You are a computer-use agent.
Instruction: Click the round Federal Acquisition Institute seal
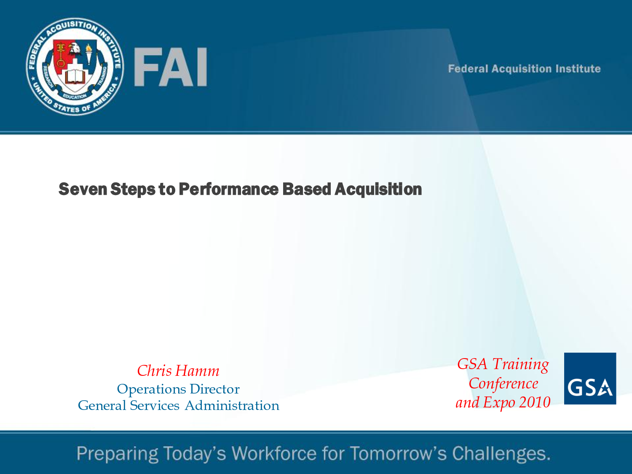(75, 67)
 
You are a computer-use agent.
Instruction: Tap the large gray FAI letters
(171, 67)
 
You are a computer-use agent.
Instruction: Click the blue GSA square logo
(590, 378)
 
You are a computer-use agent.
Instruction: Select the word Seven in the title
(83, 189)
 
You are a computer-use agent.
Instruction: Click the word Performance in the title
(229, 189)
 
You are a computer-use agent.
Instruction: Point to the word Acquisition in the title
(378, 189)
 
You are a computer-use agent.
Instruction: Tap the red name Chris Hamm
(178, 371)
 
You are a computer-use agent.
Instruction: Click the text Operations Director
(178, 389)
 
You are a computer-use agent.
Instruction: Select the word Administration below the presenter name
(232, 405)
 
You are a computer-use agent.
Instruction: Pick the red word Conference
(503, 384)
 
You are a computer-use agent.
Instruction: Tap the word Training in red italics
(521, 364)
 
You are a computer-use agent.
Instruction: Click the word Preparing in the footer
(118, 454)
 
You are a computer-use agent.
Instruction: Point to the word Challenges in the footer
(501, 454)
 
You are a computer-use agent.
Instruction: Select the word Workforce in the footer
(274, 453)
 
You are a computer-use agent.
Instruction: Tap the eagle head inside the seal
(75, 48)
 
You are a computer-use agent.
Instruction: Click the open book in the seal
(75, 77)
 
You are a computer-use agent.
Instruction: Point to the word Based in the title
(307, 189)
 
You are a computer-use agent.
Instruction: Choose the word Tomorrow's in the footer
(398, 453)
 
